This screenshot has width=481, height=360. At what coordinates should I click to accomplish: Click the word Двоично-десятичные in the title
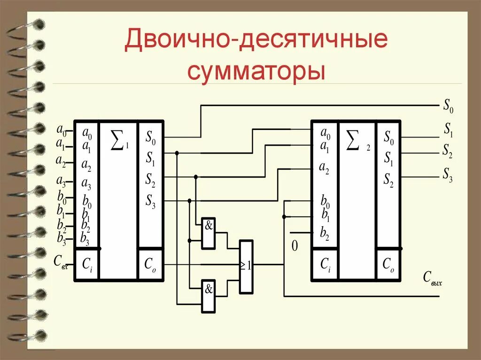tap(256, 42)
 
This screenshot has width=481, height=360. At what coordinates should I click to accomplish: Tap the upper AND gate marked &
tap(209, 233)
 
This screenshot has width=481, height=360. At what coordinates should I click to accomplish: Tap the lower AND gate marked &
tap(209, 296)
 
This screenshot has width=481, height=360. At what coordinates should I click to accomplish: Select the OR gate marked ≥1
tap(246, 267)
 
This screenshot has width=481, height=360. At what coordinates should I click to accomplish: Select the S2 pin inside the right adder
tap(388, 179)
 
